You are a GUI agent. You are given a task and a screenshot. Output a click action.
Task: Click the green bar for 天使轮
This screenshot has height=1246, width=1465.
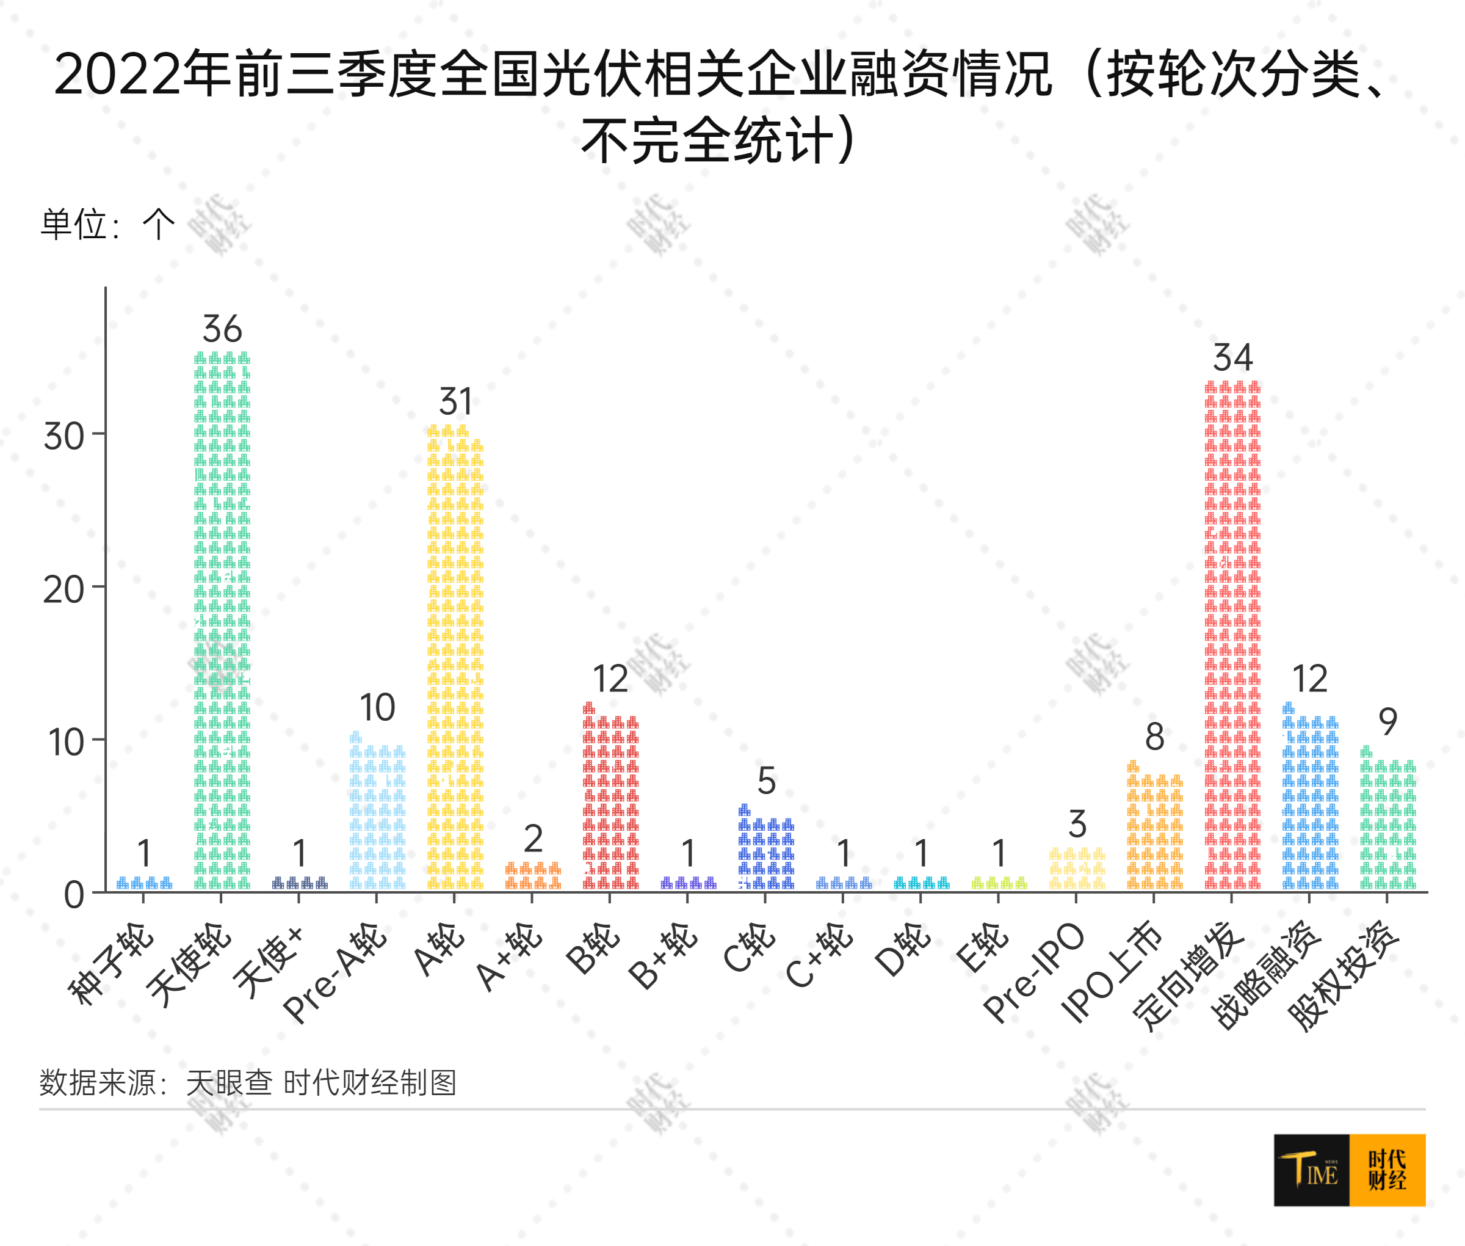[222, 622]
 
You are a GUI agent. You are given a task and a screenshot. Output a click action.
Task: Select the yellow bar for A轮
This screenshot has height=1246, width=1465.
[455, 657]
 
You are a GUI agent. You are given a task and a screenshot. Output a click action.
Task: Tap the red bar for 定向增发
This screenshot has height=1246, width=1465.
[1232, 636]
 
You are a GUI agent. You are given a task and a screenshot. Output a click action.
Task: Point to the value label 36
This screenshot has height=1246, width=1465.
[222, 329]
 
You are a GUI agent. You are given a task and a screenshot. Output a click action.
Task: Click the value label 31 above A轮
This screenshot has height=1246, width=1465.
[455, 402]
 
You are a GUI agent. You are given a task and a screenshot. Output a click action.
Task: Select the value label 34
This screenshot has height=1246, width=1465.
[1232, 357]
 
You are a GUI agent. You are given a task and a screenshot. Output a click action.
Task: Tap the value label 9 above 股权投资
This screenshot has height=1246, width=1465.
[1388, 721]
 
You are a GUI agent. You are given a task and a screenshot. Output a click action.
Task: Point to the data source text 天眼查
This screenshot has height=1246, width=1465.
[229, 1082]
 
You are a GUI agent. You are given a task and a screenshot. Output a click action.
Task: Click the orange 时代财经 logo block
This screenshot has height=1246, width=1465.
[1387, 1170]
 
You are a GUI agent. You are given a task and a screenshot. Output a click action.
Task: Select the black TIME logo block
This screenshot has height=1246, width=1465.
[1311, 1170]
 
